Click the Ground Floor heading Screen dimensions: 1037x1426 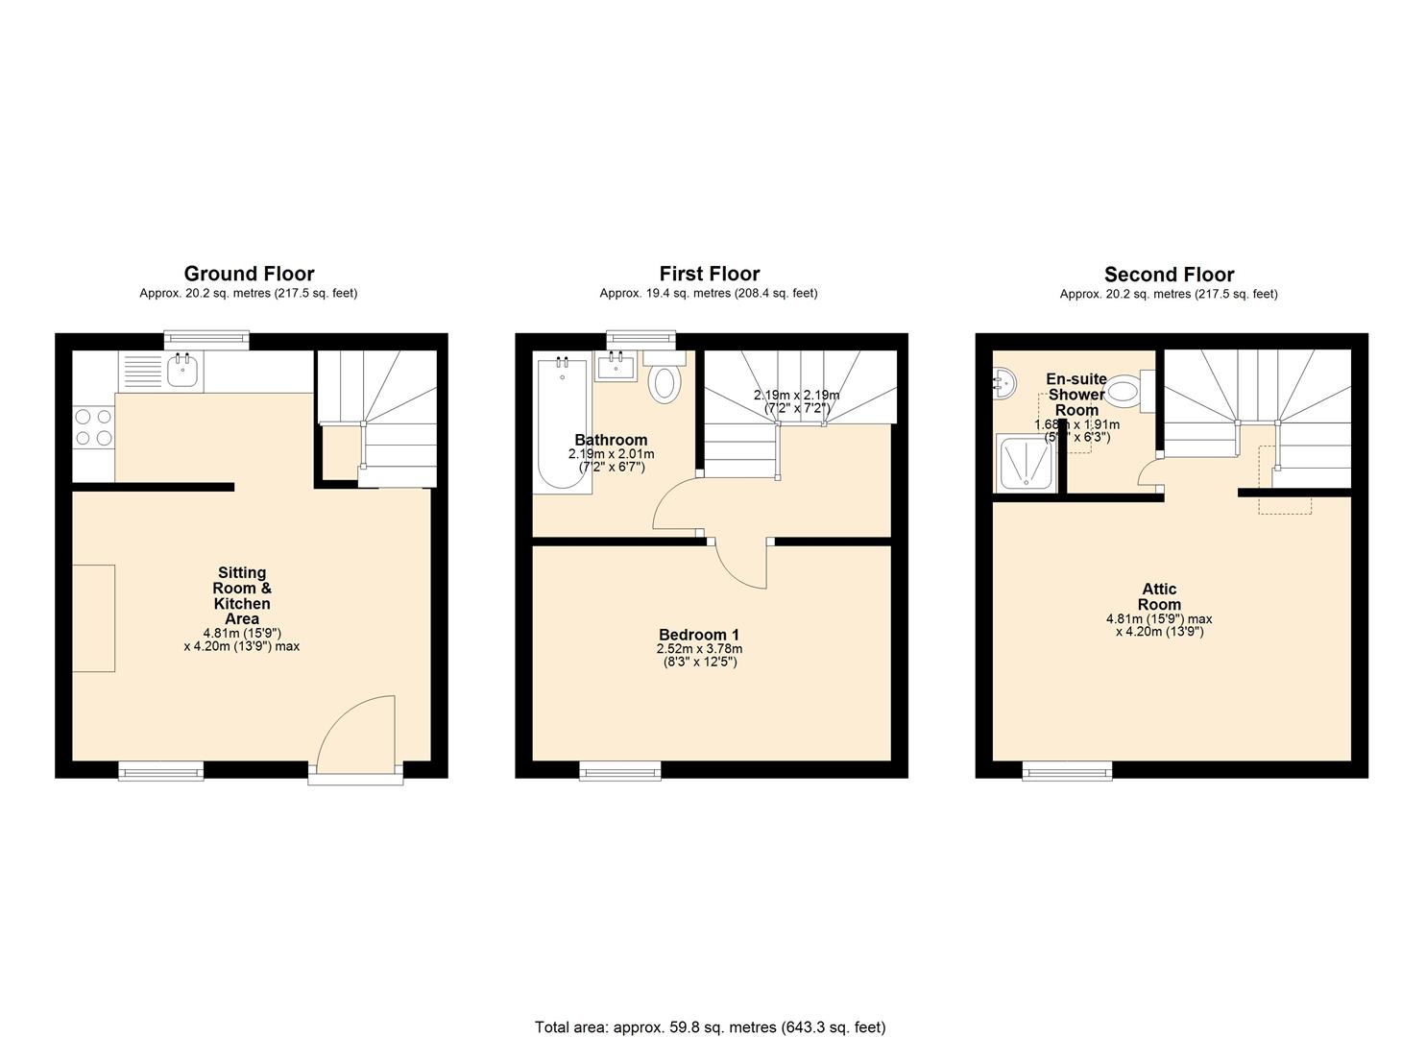point(249,274)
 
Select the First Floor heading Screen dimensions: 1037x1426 point(709,274)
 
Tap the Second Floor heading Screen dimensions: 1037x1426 point(1169,275)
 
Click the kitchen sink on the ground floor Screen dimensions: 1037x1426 point(182,371)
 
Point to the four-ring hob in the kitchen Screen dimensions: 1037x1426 point(93,427)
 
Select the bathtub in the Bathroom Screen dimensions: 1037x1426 point(563,422)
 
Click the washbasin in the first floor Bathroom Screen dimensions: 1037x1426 point(615,368)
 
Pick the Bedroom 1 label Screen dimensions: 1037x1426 point(699,635)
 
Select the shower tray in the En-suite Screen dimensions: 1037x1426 point(1027,464)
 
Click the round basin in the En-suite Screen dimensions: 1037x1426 point(1003,383)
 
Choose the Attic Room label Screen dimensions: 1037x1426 point(1159,597)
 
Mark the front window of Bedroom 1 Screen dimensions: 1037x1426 point(619,769)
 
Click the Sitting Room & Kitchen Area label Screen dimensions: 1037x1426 point(242,596)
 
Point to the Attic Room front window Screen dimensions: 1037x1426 point(1067,769)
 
